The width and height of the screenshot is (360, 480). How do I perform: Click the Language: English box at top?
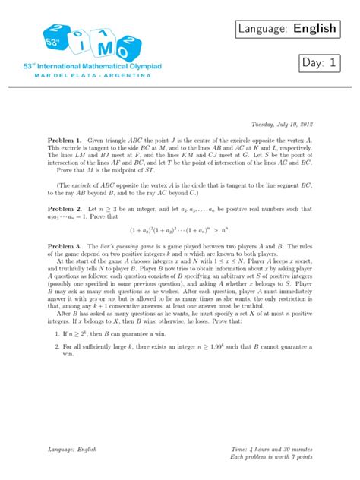tap(297, 29)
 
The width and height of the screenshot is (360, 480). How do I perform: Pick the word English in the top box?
tap(316, 29)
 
